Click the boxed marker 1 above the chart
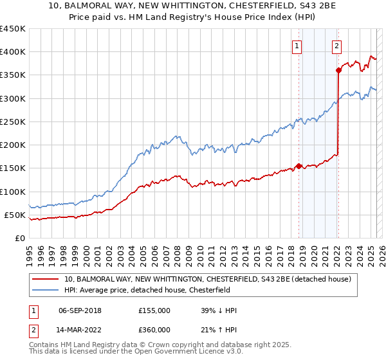(x=297, y=46)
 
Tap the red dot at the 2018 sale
(x=299, y=166)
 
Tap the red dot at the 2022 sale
(x=338, y=71)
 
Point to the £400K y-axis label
(x=13, y=52)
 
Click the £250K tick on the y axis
(x=13, y=122)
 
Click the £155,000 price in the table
(x=154, y=310)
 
